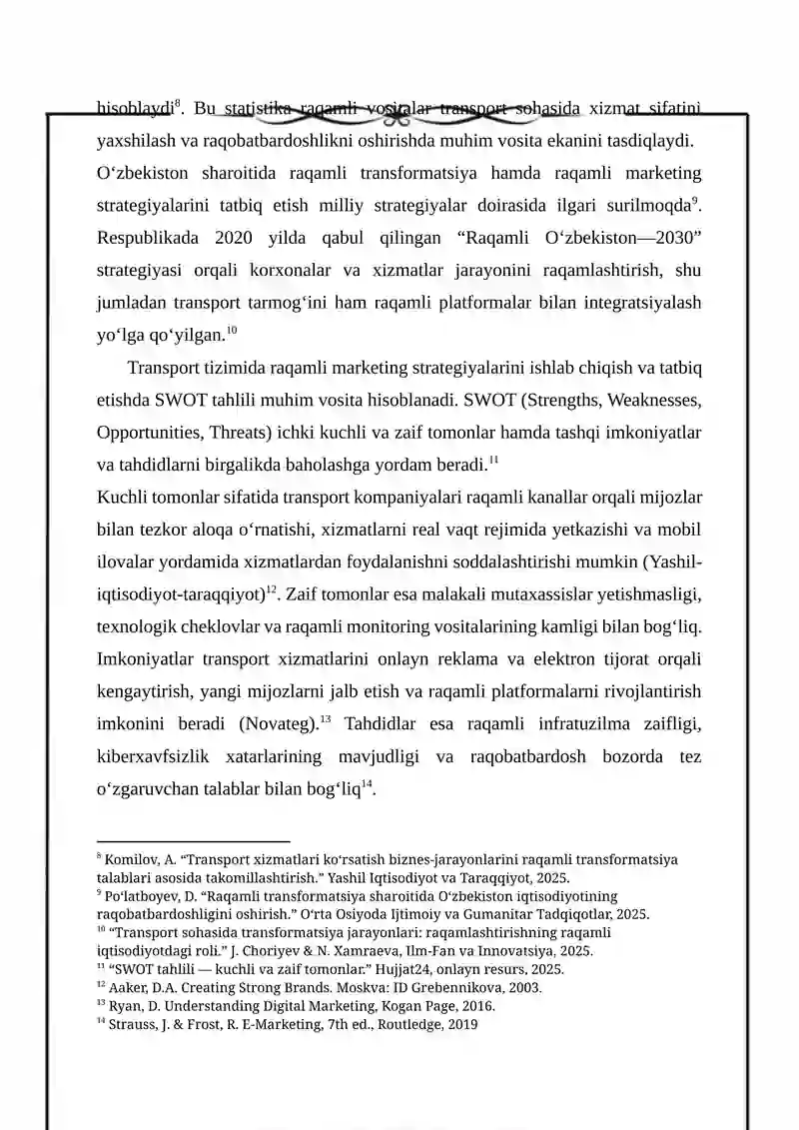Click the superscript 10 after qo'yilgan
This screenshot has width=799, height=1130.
coord(232,330)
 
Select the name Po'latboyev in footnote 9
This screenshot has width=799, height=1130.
coord(138,896)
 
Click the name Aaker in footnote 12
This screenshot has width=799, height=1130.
coord(123,988)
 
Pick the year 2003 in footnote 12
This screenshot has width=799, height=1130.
coord(523,988)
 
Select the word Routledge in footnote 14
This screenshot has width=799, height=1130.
coord(409,1024)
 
